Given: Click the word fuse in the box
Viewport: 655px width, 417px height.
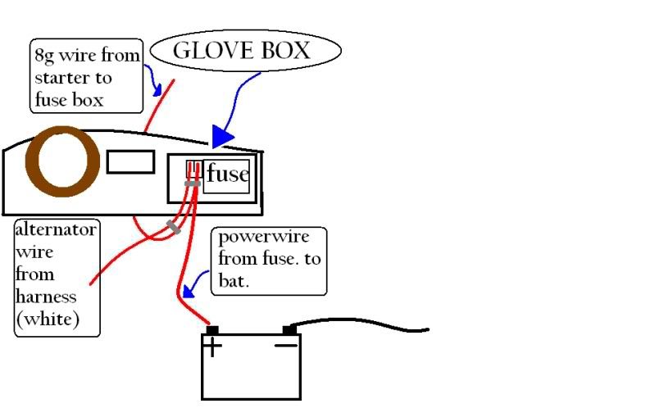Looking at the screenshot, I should coord(227,175).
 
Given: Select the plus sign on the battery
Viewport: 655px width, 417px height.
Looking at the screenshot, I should coord(212,348).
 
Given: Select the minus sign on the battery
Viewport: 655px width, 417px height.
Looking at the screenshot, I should coord(285,346).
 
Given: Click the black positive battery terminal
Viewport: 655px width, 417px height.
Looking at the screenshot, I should coord(212,330).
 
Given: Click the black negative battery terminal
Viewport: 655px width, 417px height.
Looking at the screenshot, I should coord(289,330).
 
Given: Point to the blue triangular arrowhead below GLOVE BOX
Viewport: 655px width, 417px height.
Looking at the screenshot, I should coord(222,136).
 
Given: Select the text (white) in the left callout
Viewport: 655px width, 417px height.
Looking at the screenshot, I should coord(48,320).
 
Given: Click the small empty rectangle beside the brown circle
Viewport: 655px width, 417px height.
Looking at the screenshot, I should coord(130,162).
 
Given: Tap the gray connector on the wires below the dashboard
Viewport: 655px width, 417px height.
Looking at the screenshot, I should coord(173,227).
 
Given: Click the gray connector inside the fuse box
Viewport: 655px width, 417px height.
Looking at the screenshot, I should coord(193,184).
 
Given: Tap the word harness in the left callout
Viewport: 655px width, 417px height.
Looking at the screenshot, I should coord(46,297).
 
